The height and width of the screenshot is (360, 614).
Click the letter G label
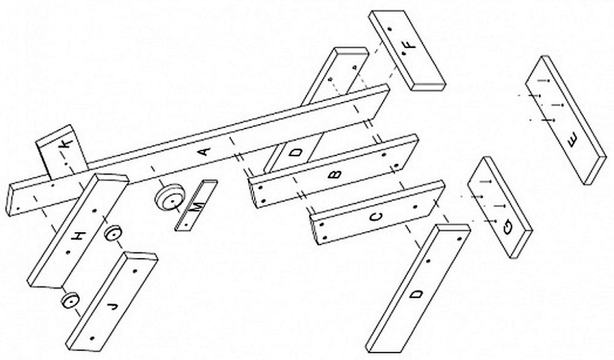508,227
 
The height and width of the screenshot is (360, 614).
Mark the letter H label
79,237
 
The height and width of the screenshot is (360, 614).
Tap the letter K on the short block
66,144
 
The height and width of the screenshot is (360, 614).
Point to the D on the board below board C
417,294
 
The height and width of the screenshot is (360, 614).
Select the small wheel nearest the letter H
113,234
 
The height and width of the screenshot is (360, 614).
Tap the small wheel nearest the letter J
71,300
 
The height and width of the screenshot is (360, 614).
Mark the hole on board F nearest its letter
403,53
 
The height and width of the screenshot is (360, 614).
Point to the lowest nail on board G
491,221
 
